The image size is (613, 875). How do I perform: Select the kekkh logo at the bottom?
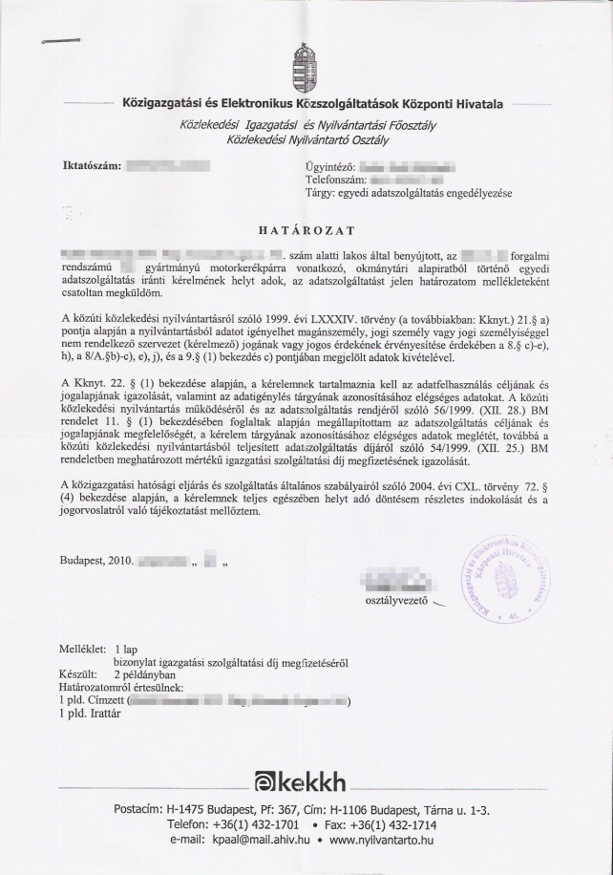(306, 782)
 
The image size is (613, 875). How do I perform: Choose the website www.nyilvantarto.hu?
(381, 840)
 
